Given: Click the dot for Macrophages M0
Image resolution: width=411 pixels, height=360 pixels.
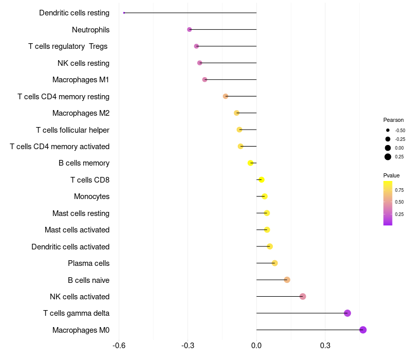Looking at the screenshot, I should [x=363, y=330].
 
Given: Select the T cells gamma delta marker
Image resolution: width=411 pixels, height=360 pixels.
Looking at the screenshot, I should [x=347, y=313].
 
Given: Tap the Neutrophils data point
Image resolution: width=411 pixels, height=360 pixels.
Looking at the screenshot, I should [x=190, y=29].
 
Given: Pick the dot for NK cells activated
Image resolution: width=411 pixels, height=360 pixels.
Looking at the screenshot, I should [x=303, y=296].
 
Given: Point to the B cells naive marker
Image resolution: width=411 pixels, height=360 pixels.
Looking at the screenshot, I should [x=287, y=280].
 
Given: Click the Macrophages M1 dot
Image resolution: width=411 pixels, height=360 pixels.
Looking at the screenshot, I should [x=204, y=80].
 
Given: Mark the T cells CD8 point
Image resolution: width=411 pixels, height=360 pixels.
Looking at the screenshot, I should [x=261, y=179].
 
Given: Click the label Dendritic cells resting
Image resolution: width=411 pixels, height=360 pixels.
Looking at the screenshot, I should [x=74, y=13].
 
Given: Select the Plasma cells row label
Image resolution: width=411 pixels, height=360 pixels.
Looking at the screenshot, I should [x=88, y=263].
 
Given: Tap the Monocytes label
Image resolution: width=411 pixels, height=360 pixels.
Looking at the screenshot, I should [x=91, y=196].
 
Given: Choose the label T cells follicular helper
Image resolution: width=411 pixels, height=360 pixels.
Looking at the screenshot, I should [x=72, y=130].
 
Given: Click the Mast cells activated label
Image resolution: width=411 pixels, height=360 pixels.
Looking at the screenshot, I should [x=77, y=230].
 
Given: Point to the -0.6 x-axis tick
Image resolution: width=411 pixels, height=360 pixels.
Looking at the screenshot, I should [x=119, y=346].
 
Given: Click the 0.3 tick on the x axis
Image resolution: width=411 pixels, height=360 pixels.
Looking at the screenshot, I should [x=325, y=346].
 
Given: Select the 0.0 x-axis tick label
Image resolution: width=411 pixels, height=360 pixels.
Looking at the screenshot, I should [x=256, y=346].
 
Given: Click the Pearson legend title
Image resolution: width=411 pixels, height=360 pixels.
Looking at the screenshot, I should [x=394, y=120].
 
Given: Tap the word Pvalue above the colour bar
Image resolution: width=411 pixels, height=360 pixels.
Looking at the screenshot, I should [x=391, y=175].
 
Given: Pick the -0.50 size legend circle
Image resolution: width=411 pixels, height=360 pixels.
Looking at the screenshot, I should [x=388, y=130].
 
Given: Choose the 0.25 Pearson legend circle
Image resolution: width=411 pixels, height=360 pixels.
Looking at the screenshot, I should [x=388, y=157].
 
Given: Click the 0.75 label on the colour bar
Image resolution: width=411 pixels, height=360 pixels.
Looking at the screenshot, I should [x=399, y=190].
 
